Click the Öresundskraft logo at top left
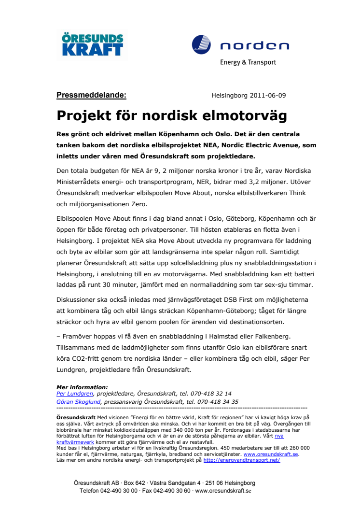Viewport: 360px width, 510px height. click(90, 44)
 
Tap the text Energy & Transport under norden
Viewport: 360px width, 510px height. click(248, 62)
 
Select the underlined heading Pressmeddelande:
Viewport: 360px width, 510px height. click(91, 95)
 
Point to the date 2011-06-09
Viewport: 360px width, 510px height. click(268, 96)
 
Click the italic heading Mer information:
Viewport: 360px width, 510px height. click(82, 387)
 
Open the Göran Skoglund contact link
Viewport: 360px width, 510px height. click(78, 401)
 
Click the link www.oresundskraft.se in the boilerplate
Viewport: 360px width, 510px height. click(271, 454)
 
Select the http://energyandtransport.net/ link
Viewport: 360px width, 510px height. click(241, 460)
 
